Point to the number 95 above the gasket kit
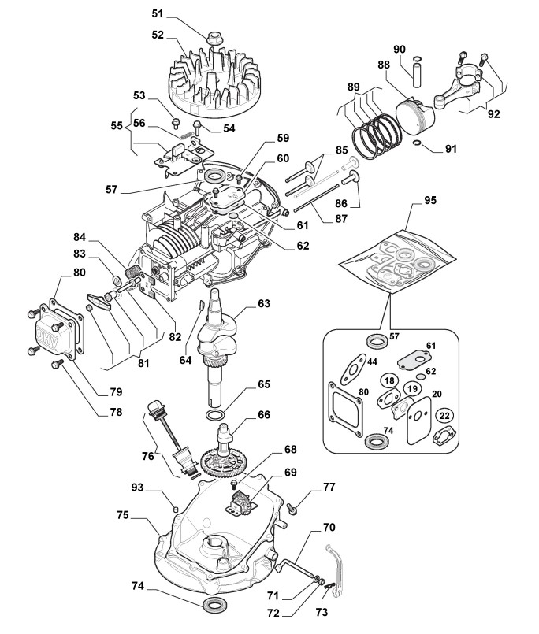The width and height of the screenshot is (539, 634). [x=430, y=200]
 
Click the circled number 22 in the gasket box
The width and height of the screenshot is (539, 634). [x=444, y=415]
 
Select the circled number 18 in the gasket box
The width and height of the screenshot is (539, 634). [x=388, y=381]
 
